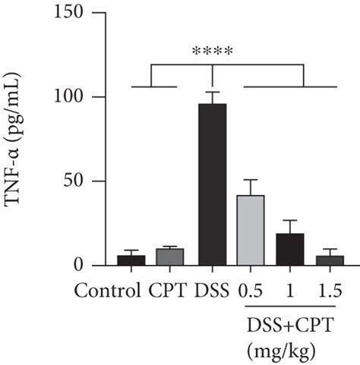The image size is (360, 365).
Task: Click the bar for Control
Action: tap(131, 260)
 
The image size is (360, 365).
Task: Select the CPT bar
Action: tap(169, 256)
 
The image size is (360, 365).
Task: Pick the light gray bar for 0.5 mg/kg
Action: tap(251, 230)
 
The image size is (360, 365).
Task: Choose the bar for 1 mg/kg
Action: tap(290, 250)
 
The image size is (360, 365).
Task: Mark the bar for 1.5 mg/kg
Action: tap(330, 260)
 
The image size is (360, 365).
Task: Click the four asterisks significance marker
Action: tap(212, 52)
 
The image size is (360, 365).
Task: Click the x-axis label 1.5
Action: tap(330, 291)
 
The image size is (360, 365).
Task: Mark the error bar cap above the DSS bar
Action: tap(212, 92)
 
